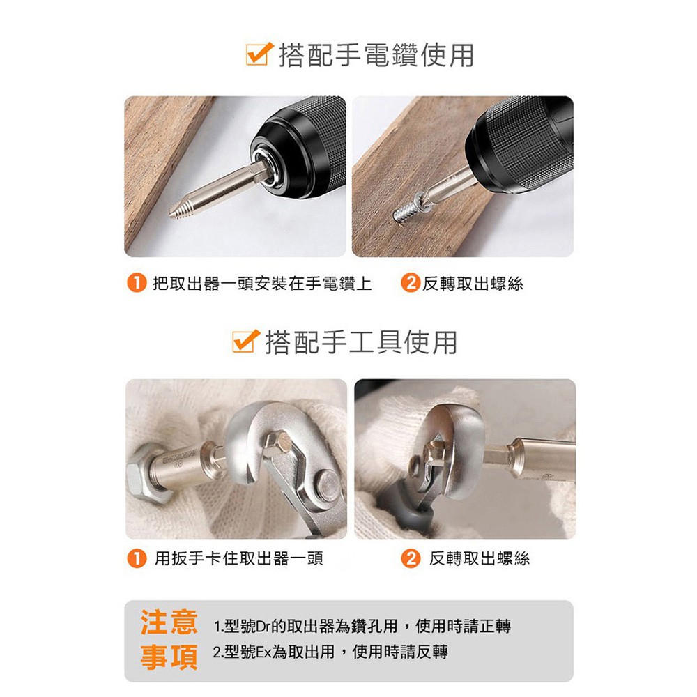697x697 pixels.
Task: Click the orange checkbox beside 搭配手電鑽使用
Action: click(x=259, y=54)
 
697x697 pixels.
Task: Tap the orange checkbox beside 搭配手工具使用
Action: click(x=245, y=342)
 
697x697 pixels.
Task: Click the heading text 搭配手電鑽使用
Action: click(x=376, y=56)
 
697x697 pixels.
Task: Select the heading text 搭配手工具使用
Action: click(x=361, y=342)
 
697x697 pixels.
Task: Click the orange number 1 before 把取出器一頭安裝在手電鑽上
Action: click(x=137, y=283)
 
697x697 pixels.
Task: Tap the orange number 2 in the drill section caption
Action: click(x=411, y=283)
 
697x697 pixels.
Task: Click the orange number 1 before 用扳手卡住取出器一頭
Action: click(x=137, y=558)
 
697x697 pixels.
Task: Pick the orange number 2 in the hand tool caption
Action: click(x=411, y=558)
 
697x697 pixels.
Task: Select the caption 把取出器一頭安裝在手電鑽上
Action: click(x=262, y=283)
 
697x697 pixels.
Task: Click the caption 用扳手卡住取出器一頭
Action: click(x=238, y=558)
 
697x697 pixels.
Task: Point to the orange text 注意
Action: click(x=169, y=622)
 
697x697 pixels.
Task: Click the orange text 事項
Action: click(x=169, y=657)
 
